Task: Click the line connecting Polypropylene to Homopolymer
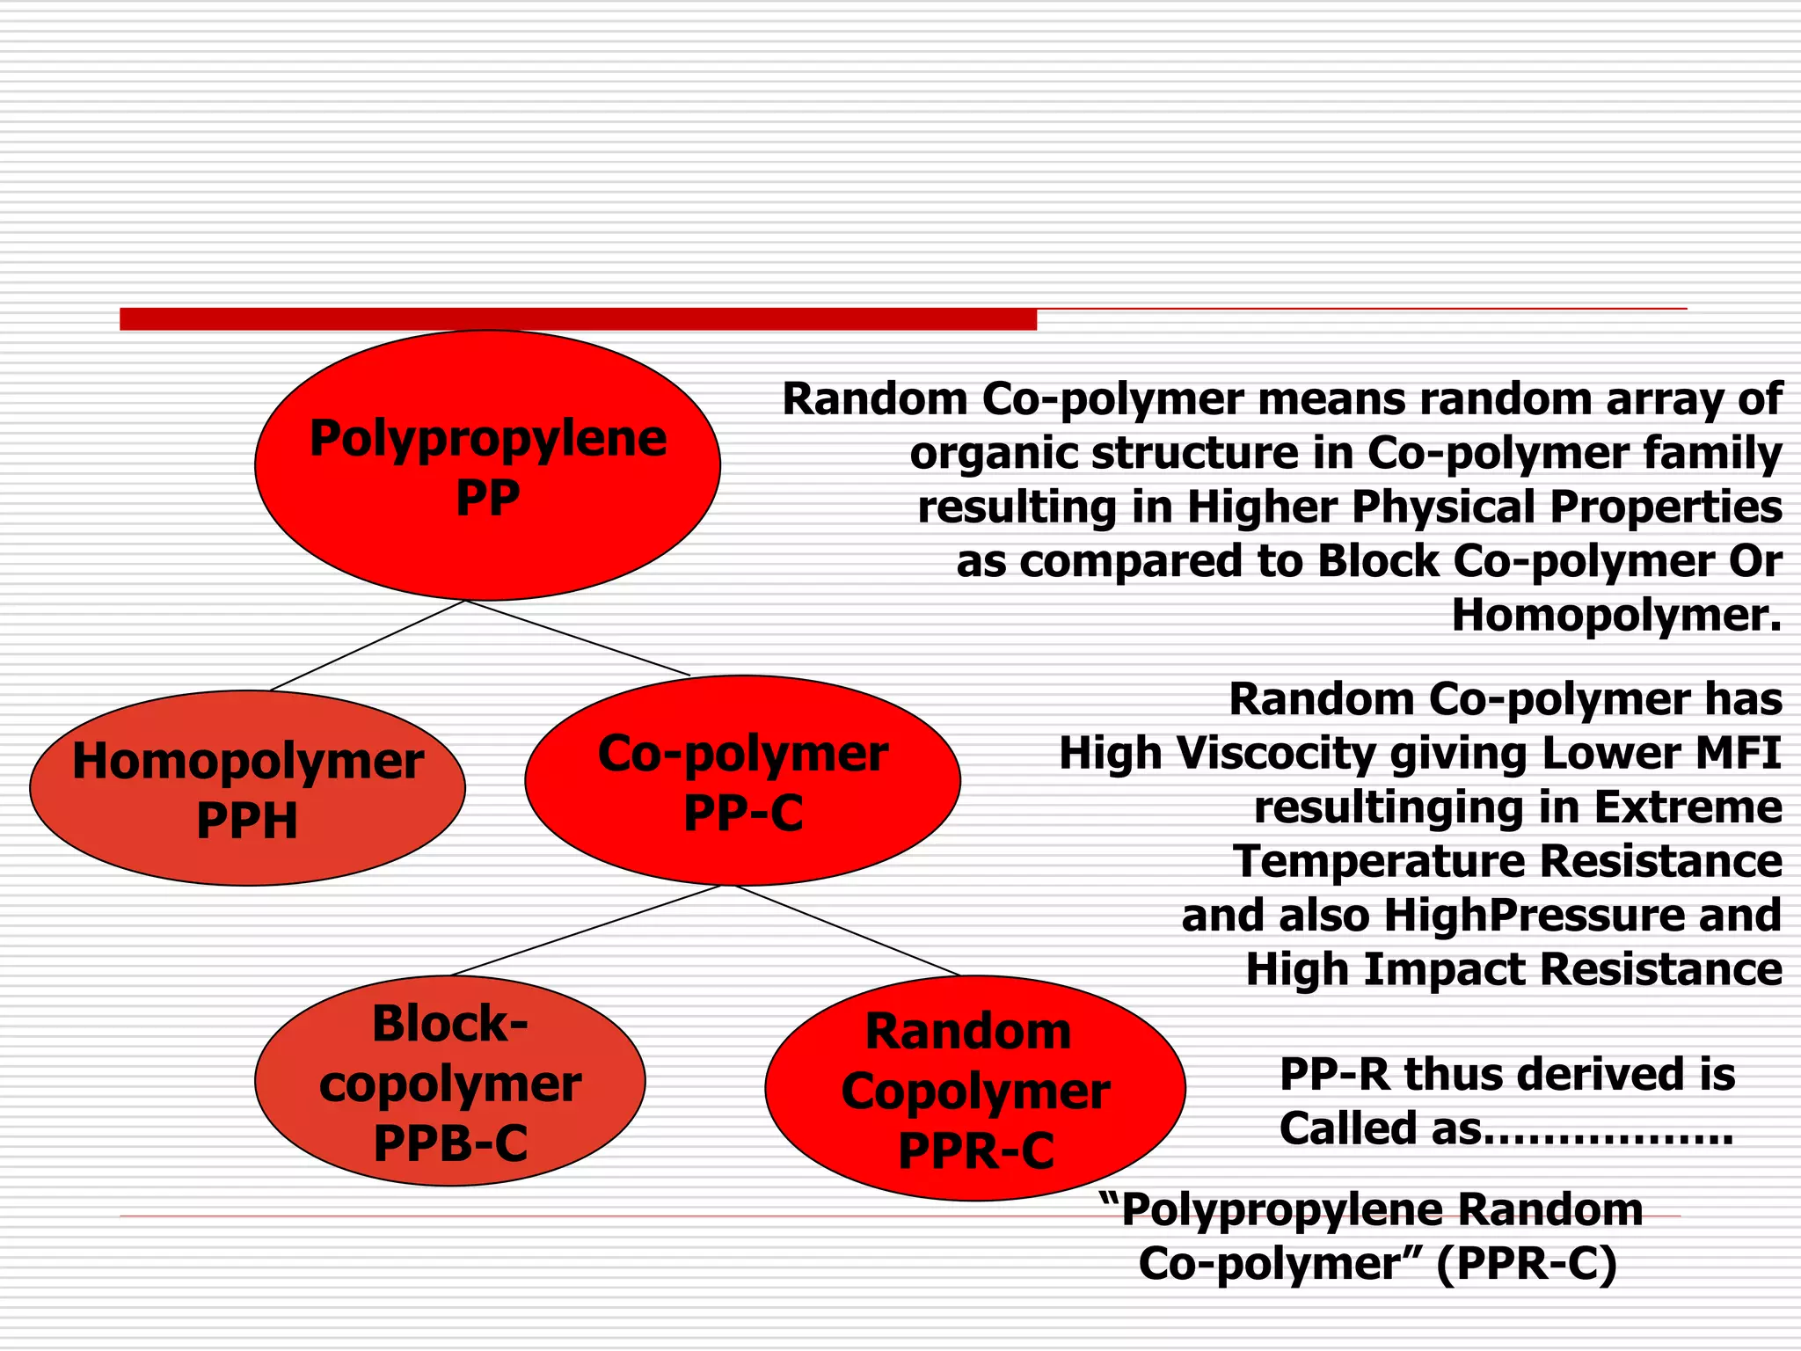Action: (368, 646)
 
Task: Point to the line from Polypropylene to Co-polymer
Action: (578, 639)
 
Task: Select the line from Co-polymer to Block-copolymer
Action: (586, 931)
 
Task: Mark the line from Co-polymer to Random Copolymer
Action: (846, 931)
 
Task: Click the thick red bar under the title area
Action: (578, 319)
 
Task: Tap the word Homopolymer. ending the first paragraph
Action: (1616, 616)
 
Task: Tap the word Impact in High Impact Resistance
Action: (1444, 969)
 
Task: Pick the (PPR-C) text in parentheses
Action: (1527, 1265)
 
